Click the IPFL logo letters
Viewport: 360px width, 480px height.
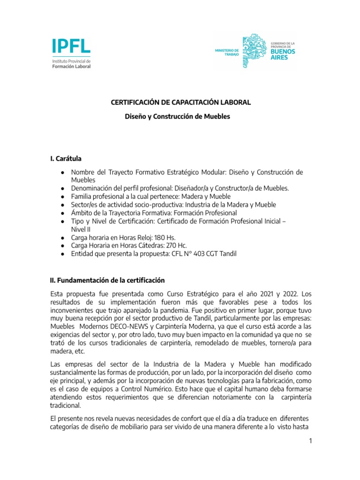(71, 46)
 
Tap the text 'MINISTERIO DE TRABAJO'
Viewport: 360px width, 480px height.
(227, 52)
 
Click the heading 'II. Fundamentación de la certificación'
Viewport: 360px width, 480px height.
(107, 281)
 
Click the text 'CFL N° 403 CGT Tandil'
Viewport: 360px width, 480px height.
(202, 254)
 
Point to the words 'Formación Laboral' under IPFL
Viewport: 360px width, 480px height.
(71, 67)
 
